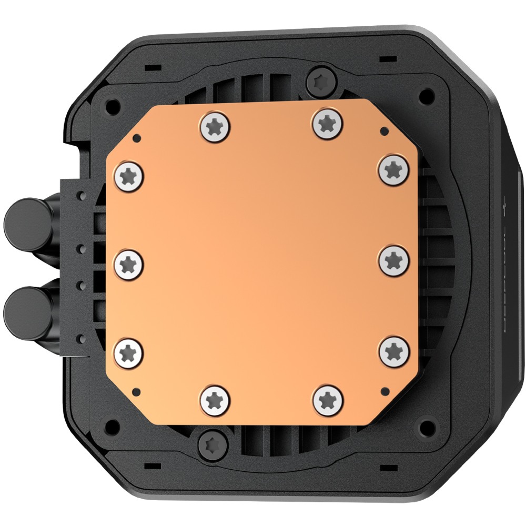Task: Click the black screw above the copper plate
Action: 321,80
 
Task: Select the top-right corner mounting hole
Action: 428,96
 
